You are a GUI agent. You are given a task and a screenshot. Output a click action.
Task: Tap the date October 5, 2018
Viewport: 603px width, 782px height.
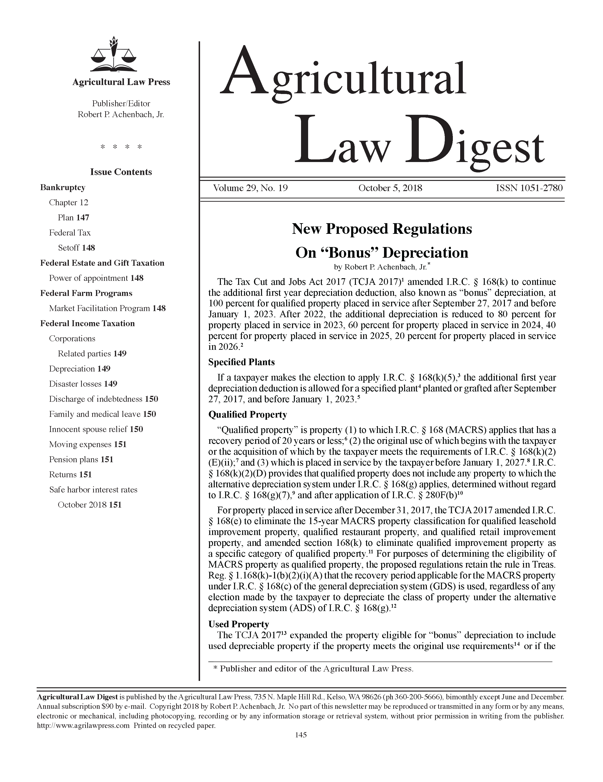coord(390,188)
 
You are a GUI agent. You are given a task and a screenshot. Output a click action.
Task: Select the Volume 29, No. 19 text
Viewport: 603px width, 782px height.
coord(250,188)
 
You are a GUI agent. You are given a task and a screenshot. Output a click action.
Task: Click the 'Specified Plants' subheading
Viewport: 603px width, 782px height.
coord(241,362)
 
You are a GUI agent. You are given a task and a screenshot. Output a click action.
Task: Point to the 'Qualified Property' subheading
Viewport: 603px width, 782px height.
coord(247,415)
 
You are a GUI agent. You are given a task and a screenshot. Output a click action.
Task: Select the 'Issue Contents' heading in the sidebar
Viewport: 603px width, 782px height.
coord(121,172)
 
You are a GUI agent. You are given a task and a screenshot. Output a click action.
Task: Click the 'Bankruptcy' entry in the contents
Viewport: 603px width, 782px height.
coord(63,187)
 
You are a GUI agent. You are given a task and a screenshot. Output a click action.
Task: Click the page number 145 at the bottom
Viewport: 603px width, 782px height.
coord(301,735)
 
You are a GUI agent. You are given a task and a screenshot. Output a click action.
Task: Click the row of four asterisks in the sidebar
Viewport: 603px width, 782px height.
coord(121,147)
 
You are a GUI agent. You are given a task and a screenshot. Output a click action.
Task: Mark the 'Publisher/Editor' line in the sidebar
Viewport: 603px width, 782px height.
coord(121,104)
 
